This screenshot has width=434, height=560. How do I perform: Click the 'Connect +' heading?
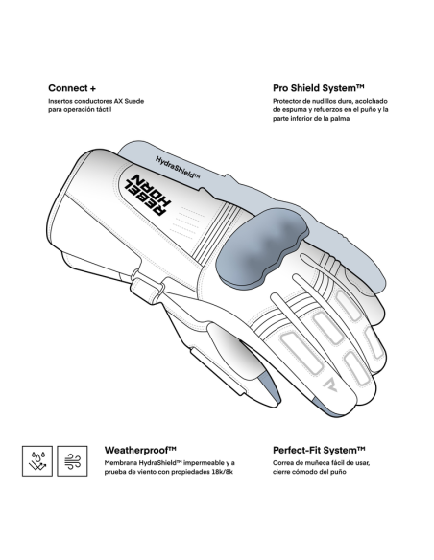(x=72, y=88)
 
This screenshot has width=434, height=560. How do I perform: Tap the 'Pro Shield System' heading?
(x=318, y=88)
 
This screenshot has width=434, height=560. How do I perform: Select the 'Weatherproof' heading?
(x=140, y=450)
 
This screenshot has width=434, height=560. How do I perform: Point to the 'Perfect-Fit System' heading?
(x=319, y=450)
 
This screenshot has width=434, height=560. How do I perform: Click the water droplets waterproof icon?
(x=37, y=460)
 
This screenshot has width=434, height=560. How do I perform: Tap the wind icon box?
(x=72, y=460)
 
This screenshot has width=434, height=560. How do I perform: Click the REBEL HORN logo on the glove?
(x=148, y=195)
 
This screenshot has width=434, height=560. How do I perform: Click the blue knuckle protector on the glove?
(x=261, y=246)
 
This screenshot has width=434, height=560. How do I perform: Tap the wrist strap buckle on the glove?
(x=147, y=286)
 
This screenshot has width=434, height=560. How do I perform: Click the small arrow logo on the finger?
(x=330, y=384)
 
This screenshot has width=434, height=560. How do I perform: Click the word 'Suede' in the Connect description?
(x=134, y=101)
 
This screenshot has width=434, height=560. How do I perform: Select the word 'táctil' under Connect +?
(x=104, y=110)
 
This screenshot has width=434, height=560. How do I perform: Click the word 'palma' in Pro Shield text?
(x=340, y=119)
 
